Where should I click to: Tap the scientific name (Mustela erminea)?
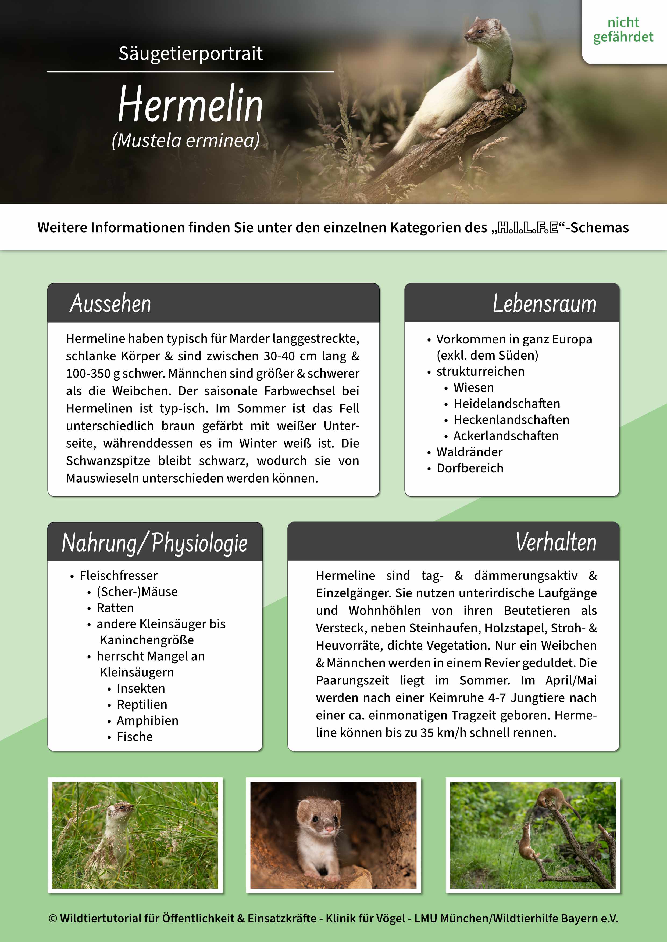[186, 140]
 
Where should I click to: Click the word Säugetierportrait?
[191, 53]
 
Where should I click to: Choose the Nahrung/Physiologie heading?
[155, 542]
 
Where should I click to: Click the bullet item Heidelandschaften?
[507, 404]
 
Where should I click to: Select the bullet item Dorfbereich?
[470, 468]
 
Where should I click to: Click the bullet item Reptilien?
[142, 704]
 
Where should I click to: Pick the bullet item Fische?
[135, 737]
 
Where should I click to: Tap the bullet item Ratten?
[115, 608]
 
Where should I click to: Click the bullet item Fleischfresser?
[119, 576]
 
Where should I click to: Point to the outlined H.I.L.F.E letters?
[528, 228]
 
